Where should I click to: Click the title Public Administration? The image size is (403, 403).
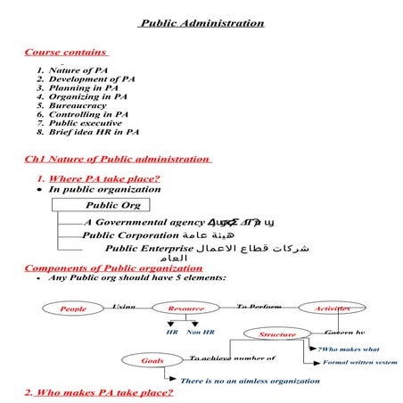(201, 23)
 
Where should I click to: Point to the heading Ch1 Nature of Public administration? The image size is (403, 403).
(118, 160)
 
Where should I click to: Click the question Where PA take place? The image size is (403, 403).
(104, 178)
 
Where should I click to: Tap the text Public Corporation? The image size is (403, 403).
(128, 235)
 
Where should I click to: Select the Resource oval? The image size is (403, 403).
(185, 308)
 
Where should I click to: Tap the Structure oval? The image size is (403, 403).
(277, 334)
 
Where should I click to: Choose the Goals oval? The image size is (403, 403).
(153, 361)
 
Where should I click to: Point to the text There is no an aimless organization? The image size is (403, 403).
(250, 381)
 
